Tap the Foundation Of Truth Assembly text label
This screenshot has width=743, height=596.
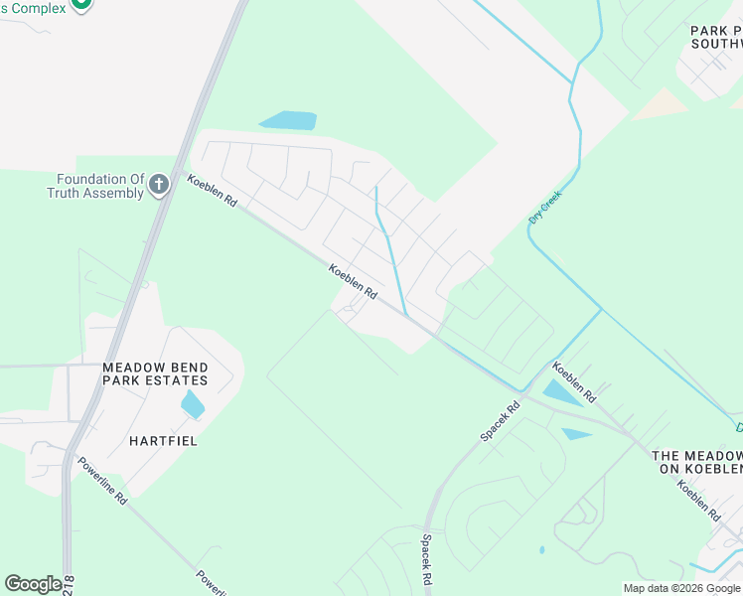pos(95,186)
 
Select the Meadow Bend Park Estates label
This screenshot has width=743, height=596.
pos(155,373)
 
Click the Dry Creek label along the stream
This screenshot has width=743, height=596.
pos(545,207)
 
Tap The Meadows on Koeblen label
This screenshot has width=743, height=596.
pos(697,462)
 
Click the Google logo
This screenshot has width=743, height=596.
pos(33,584)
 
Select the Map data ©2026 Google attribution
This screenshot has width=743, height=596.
pos(681,588)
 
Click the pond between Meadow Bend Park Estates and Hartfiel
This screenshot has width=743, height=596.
pos(193,404)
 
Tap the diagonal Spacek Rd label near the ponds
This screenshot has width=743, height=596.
pos(500,422)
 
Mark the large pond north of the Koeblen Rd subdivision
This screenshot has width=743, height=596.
pos(288,120)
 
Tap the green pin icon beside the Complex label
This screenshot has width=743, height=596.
pos(82,4)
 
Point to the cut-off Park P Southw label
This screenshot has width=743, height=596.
pos(716,38)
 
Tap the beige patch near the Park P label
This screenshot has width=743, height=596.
pos(660,104)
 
